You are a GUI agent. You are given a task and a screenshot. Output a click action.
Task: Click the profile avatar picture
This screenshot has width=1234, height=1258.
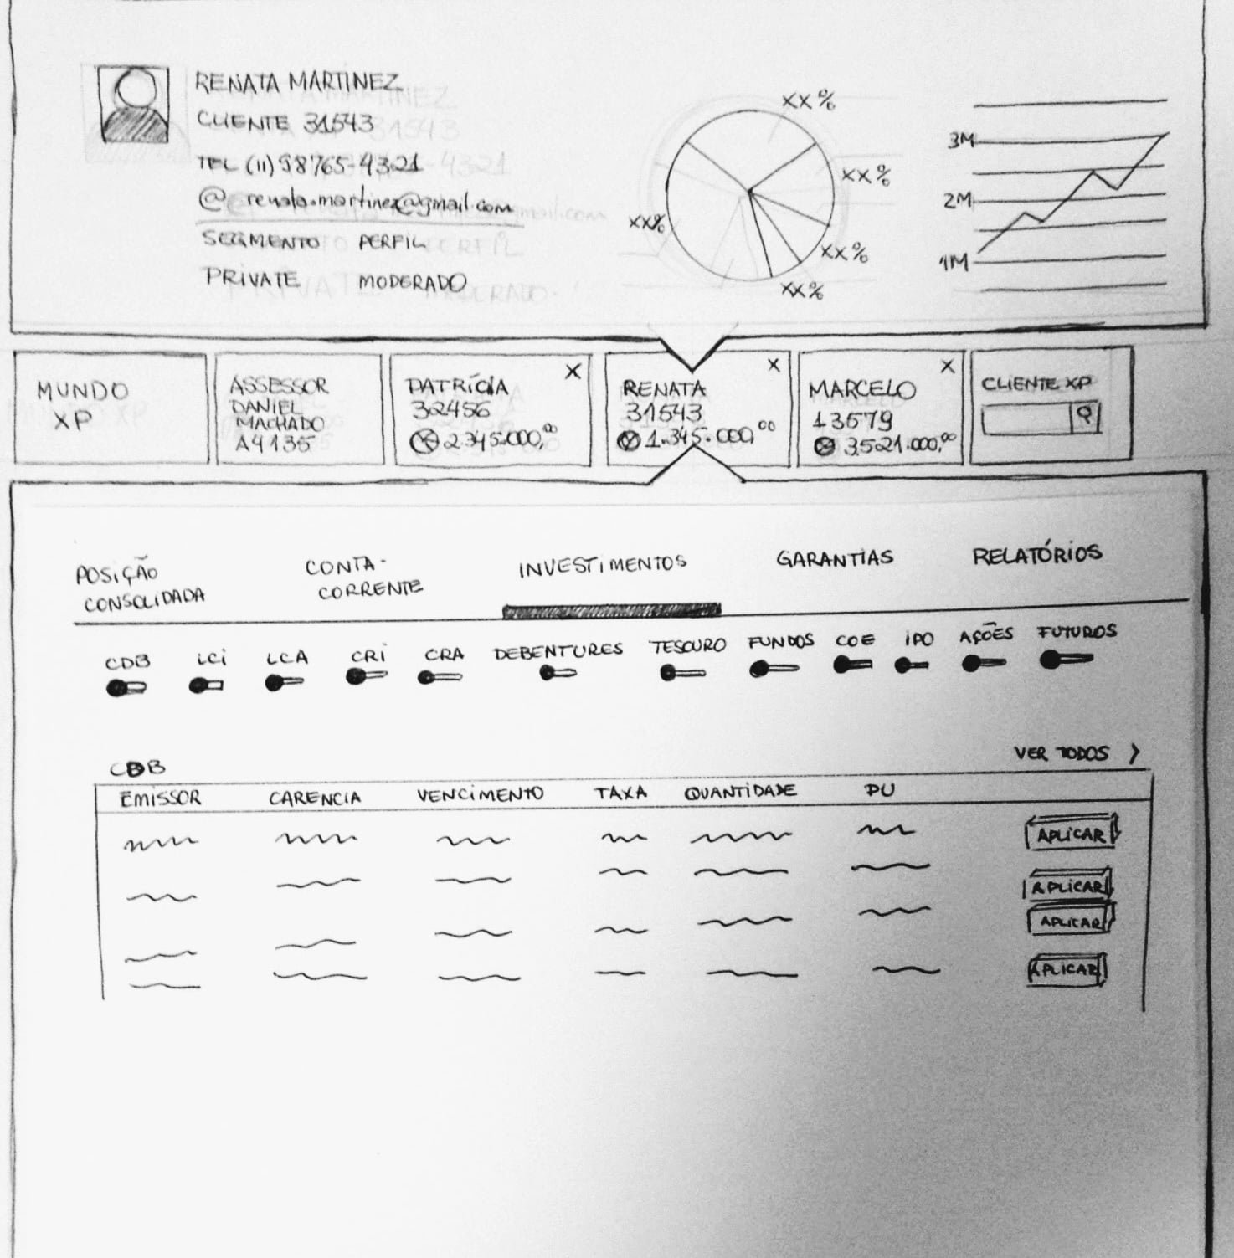click(133, 105)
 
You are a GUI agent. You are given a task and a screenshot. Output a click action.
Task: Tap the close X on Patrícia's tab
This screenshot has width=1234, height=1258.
click(573, 372)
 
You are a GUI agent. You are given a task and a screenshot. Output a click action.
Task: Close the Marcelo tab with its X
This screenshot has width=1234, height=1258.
click(947, 367)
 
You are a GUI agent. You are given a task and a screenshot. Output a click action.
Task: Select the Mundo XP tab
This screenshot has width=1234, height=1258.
click(81, 405)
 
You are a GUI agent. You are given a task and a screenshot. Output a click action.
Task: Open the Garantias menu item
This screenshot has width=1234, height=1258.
click(834, 558)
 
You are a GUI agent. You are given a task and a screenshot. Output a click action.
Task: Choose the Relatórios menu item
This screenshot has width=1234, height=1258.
click(1036, 555)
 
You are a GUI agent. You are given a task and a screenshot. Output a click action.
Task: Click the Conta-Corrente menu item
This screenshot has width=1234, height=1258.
click(362, 578)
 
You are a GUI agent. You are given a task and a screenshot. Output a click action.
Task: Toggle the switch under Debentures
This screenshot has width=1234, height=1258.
click(557, 673)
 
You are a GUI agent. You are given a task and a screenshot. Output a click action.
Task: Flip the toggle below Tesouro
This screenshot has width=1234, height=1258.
click(681, 673)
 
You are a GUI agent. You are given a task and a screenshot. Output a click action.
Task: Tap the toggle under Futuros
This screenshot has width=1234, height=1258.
click(1065, 660)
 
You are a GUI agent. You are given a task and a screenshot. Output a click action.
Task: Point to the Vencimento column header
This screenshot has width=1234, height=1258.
click(480, 794)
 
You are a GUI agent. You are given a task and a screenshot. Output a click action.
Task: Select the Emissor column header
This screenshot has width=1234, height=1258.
click(160, 798)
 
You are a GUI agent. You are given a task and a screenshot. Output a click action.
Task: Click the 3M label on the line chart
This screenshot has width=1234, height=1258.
click(960, 141)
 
